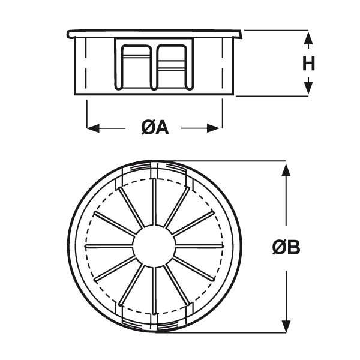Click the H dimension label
coord(308,64)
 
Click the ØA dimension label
coord(155,128)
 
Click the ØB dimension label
coord(286,247)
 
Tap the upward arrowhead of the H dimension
coord(308,38)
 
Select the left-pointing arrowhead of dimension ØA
coord(93,128)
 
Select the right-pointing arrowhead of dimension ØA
coord(214,128)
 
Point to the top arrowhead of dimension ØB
coord(286,170)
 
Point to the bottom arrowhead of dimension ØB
coord(286,326)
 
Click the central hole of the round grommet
coord(154,246)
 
